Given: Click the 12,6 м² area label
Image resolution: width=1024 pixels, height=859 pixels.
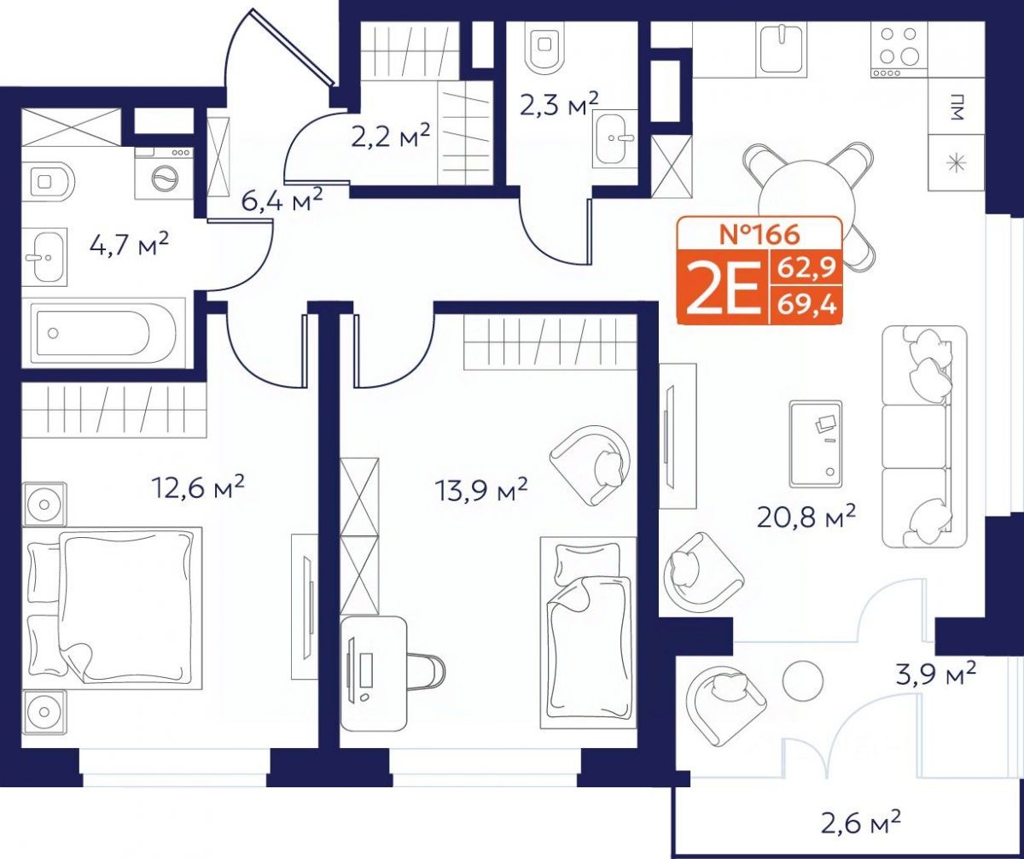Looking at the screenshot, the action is pos(198,487).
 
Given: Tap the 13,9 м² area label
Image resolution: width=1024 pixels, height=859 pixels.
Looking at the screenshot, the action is pos(481,489).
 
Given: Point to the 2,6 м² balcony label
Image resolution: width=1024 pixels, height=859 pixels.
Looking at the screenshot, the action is pos(861,822).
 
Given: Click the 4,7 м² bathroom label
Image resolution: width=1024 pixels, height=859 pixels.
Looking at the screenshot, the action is pos(130,244).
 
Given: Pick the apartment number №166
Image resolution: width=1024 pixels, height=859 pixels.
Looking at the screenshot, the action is pos(759,234).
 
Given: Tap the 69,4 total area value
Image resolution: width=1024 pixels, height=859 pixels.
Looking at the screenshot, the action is pos(806,307).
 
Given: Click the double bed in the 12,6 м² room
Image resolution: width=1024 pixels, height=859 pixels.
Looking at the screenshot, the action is pos(113,605).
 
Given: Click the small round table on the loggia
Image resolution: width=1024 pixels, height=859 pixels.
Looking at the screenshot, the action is pos(802,681).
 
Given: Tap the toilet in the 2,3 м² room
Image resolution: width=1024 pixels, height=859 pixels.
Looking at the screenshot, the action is pos(544,48).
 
